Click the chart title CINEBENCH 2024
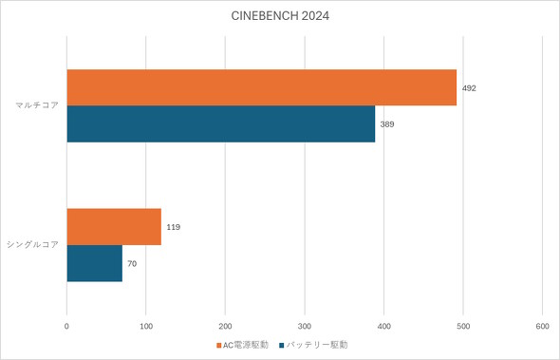tap(280, 16)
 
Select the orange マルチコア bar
tap(261, 87)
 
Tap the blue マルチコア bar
tap(220, 123)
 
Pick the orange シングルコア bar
tap(114, 227)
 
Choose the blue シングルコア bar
tap(95, 263)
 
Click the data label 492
tap(469, 87)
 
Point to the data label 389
tap(387, 123)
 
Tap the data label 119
tap(173, 227)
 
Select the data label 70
tap(132, 263)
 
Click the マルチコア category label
tap(37, 105)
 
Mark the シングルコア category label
tap(33, 245)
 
